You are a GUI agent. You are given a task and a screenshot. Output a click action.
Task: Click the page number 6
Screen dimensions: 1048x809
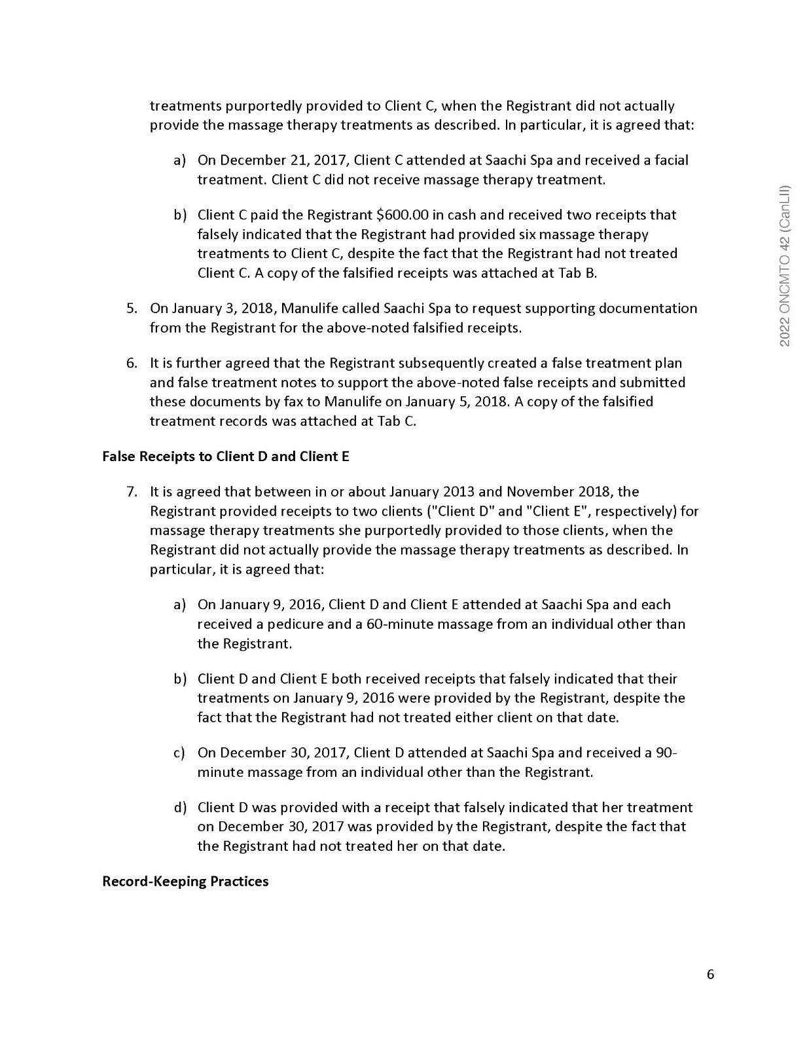[x=711, y=975]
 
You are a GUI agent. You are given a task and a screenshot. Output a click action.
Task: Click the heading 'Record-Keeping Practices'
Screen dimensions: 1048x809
[x=185, y=882]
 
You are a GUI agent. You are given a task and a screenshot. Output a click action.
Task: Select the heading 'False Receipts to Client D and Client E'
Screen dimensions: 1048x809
[x=226, y=457]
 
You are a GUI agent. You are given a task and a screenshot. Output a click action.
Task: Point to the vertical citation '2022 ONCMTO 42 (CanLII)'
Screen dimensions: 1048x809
[x=785, y=265]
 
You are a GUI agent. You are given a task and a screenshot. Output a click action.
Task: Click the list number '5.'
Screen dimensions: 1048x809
[x=132, y=309]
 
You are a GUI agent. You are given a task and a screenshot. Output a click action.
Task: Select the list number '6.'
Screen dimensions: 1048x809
[x=132, y=363]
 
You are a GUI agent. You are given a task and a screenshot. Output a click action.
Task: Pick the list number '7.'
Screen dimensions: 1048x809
[x=132, y=492]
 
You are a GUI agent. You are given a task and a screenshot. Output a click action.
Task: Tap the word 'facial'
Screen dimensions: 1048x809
[x=671, y=160]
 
